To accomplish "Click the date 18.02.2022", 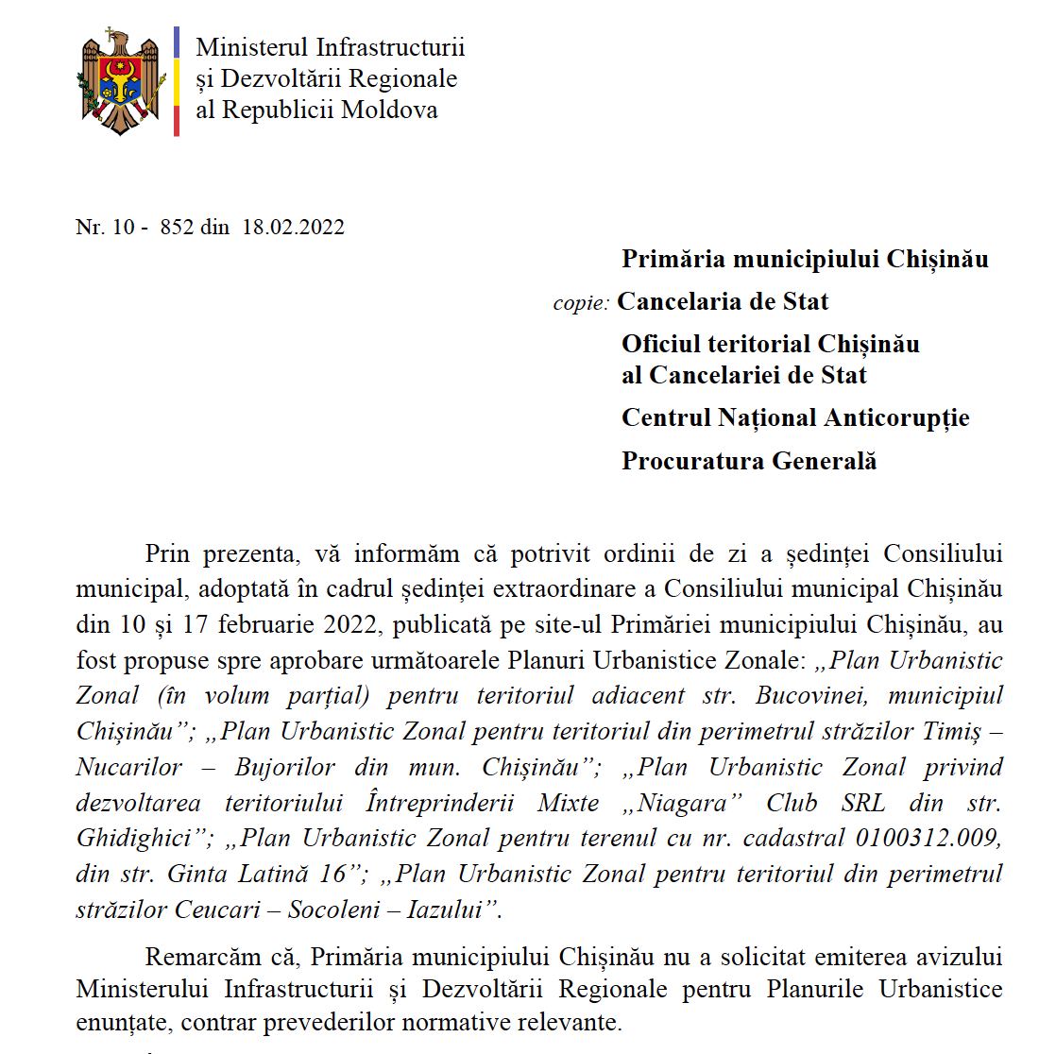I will click(x=293, y=227).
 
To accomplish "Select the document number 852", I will click(x=177, y=227).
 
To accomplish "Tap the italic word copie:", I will click(x=581, y=304).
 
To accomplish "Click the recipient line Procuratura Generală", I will click(x=749, y=461).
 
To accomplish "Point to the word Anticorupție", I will click(x=897, y=417).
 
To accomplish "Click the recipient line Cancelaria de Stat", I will click(x=723, y=302).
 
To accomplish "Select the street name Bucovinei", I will click(x=805, y=696).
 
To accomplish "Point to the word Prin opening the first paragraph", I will click(x=167, y=553).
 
